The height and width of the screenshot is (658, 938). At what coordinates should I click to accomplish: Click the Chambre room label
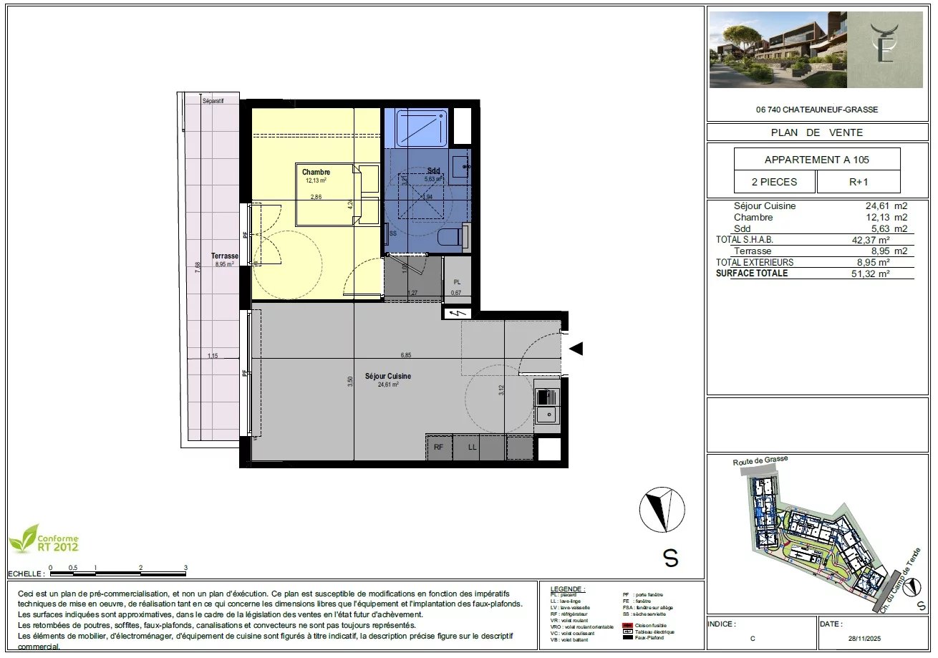(316, 172)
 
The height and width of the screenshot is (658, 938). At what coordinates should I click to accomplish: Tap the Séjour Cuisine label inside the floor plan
(388, 376)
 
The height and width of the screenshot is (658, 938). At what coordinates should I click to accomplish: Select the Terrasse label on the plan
(224, 256)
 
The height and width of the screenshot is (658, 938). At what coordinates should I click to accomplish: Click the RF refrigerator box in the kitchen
(439, 447)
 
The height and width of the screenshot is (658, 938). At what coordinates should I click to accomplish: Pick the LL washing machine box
(473, 447)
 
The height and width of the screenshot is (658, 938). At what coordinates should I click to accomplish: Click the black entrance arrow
(576, 349)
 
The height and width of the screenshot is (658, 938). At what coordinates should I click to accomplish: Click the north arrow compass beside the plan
(657, 509)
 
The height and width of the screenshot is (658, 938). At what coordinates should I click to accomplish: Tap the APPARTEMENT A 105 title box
(817, 160)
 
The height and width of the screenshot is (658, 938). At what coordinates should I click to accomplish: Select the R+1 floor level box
(859, 182)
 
